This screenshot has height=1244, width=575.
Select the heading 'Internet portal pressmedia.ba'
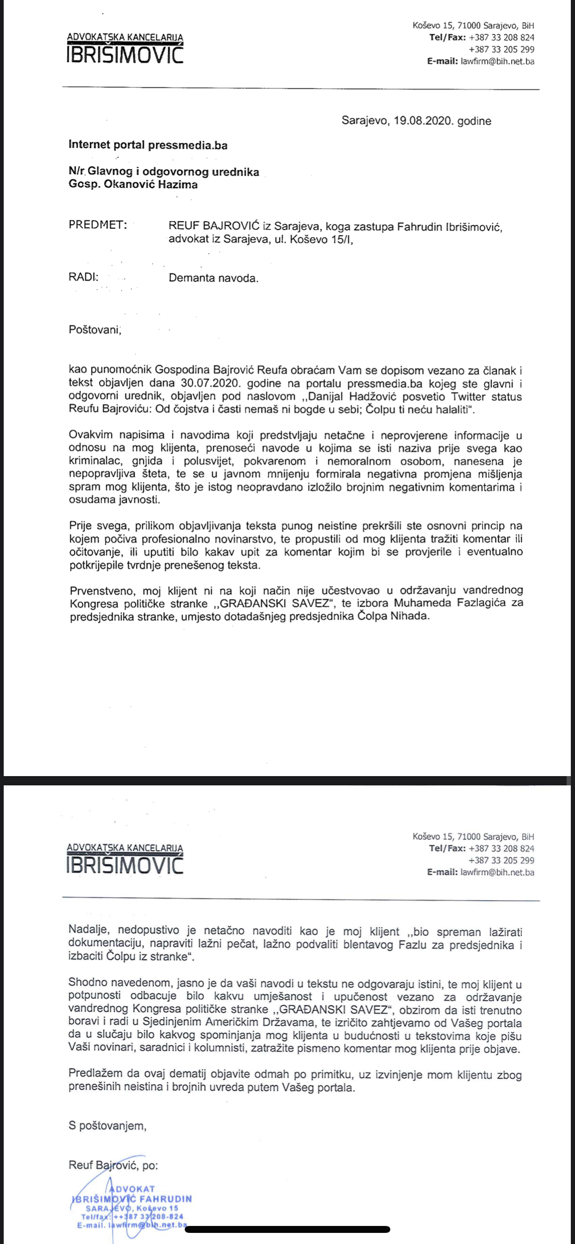[x=148, y=145]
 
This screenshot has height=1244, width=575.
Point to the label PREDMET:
[x=98, y=224]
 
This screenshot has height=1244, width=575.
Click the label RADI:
[x=83, y=277]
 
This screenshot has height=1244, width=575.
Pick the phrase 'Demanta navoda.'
[x=213, y=278]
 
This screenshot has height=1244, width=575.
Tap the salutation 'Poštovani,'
[x=95, y=330]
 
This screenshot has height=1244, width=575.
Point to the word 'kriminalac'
[x=95, y=461]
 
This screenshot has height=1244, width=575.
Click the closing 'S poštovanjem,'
[x=107, y=1126]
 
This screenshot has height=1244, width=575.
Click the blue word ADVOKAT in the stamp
[x=132, y=1188]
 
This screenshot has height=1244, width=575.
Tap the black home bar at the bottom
[x=287, y=1229]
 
